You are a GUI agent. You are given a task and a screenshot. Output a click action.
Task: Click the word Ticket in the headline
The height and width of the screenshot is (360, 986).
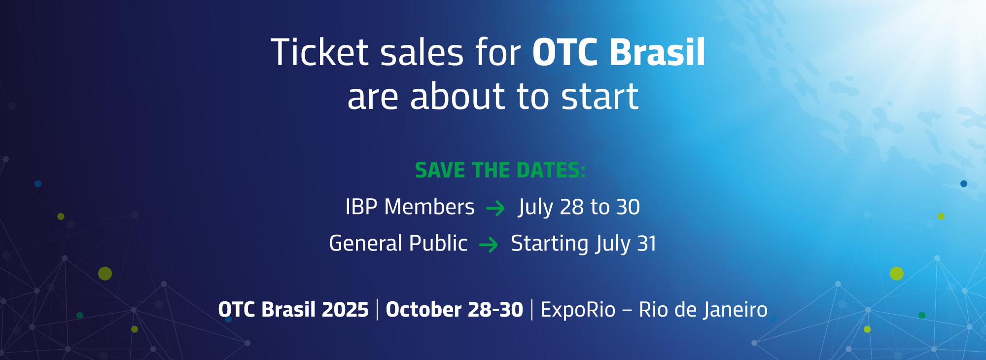[x=319, y=52]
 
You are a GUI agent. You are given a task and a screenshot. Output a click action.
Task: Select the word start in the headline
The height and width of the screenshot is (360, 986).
[x=600, y=96]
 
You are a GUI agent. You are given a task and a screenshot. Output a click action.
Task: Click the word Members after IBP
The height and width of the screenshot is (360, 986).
[x=429, y=207]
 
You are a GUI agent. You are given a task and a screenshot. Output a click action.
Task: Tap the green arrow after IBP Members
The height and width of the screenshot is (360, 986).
[x=495, y=209]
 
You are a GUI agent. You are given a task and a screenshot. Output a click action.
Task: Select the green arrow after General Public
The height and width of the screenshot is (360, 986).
[x=489, y=245]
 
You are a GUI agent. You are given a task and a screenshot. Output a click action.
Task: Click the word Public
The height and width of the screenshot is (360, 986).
[x=438, y=243]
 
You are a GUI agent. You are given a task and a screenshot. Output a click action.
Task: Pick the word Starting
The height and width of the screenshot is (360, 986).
[x=550, y=244]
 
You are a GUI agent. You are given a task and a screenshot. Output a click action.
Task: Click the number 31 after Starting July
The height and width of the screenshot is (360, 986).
[x=647, y=244]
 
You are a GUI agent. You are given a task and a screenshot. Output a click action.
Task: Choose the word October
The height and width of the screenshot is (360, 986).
[x=423, y=310]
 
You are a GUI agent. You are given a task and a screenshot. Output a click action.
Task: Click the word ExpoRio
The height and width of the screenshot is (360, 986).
[x=578, y=310]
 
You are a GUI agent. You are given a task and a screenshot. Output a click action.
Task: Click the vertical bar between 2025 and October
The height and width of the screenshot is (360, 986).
[x=378, y=310]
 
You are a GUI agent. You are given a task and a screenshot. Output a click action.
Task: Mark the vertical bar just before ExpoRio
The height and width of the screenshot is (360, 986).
[x=532, y=310]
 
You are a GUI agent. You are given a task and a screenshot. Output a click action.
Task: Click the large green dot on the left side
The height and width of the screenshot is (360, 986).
[x=105, y=273]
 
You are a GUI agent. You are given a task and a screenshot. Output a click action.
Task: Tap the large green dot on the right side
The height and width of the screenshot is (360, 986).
[x=897, y=273]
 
